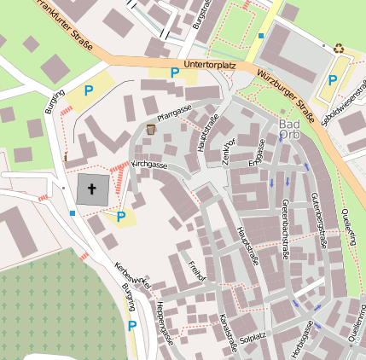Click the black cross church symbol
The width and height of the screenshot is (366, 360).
[x=92, y=190]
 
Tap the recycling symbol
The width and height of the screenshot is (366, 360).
[x=339, y=49]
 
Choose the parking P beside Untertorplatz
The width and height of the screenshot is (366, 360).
[x=175, y=73]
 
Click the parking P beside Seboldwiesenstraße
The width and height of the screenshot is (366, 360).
[x=332, y=81]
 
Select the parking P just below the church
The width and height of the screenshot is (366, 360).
[x=120, y=217]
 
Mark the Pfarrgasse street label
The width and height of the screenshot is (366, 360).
[x=174, y=113]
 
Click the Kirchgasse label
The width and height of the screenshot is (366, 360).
[x=151, y=163]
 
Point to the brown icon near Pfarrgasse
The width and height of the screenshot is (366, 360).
[x=151, y=129]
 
